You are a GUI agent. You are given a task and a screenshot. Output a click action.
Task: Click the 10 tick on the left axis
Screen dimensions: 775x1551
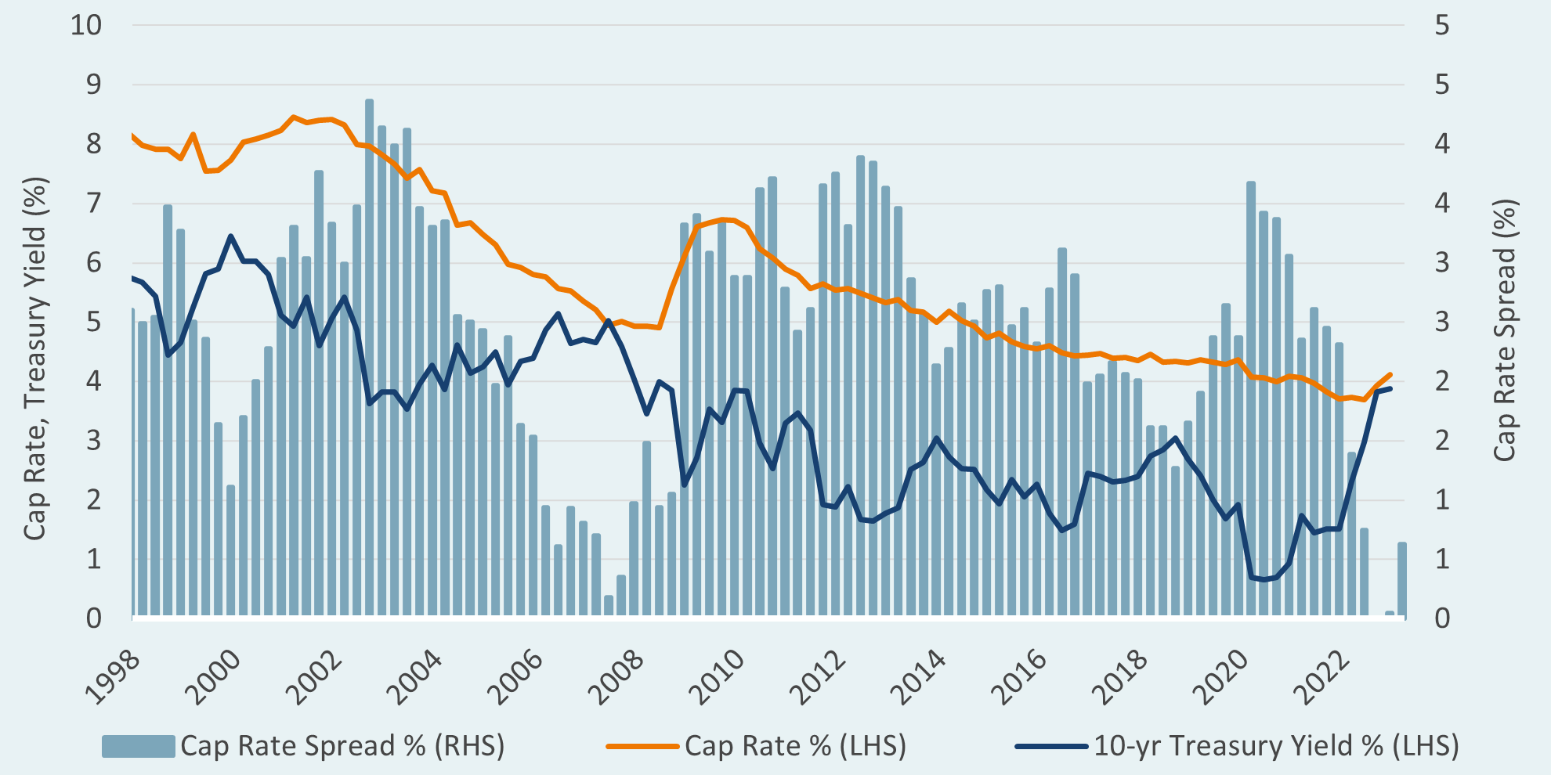(86, 25)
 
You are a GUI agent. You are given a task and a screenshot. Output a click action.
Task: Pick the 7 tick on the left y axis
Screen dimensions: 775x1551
(94, 204)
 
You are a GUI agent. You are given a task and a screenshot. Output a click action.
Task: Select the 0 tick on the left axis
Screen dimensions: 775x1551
(94, 618)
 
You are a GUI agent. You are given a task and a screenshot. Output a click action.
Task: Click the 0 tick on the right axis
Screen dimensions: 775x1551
(1442, 618)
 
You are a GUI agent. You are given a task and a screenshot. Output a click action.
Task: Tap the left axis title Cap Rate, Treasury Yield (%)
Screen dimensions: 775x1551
(35, 359)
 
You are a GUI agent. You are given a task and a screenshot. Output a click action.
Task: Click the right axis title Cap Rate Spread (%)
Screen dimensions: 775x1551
(1505, 330)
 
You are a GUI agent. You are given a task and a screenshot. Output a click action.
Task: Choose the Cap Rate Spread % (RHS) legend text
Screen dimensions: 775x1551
(342, 746)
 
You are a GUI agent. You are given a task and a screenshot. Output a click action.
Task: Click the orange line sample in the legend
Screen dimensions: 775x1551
(642, 747)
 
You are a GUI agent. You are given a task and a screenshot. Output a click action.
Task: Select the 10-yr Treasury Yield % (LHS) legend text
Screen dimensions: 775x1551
(1276, 746)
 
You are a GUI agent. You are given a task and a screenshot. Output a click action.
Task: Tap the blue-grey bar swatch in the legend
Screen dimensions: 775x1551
(138, 747)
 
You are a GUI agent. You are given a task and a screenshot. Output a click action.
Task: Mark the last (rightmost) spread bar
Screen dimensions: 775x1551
(1402, 580)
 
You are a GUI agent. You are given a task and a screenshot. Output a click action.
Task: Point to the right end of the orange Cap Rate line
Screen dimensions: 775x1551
(1390, 374)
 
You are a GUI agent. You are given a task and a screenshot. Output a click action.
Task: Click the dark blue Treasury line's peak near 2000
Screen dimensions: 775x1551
(230, 236)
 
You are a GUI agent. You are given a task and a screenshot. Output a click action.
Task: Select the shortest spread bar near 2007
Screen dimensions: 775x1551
(609, 607)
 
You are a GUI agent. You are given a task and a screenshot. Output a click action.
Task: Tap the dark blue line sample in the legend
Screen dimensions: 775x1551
(1050, 747)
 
